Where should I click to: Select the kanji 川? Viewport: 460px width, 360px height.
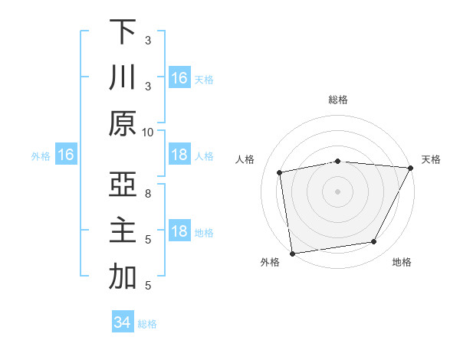click(x=123, y=77)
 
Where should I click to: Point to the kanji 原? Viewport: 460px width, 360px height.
click(x=123, y=123)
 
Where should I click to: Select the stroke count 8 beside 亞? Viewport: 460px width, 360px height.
click(x=148, y=194)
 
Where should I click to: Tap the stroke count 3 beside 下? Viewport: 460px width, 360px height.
click(x=148, y=40)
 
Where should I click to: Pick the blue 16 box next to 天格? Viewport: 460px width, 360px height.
click(x=179, y=77)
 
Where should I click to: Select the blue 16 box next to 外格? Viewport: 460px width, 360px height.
click(x=66, y=155)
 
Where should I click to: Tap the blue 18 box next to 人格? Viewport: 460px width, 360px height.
click(x=179, y=155)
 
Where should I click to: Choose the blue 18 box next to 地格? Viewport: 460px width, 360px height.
click(x=179, y=231)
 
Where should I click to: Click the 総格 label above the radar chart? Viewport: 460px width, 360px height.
click(x=338, y=100)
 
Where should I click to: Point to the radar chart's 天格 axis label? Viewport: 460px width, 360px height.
click(x=432, y=159)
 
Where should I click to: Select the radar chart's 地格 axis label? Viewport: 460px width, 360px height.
click(x=402, y=262)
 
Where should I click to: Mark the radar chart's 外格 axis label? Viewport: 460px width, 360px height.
click(x=270, y=262)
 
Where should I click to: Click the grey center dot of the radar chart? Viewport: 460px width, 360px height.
click(x=338, y=191)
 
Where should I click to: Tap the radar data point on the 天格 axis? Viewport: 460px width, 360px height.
click(x=411, y=168)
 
